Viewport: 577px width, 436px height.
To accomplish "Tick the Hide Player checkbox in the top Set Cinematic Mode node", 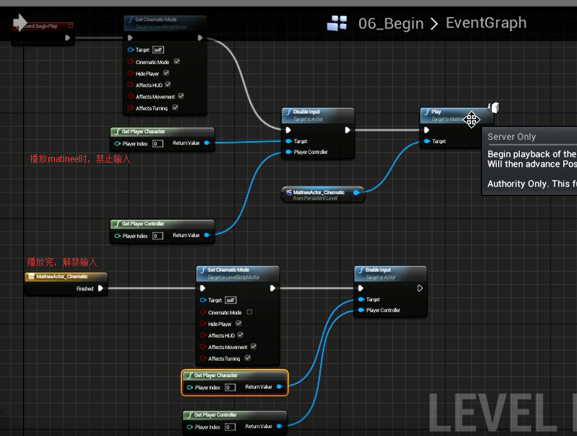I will click(166, 73).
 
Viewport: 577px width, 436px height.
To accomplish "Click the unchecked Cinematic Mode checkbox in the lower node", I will click(249, 312).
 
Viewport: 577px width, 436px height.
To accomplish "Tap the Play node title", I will click(436, 111).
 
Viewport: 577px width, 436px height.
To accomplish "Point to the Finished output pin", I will click(100, 288).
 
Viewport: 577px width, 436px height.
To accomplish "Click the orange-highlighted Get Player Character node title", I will click(216, 375).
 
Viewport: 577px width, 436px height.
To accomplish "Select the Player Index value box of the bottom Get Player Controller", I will click(230, 427).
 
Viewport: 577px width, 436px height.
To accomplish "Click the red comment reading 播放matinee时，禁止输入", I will click(80, 159).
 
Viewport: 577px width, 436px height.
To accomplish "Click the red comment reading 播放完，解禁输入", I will click(62, 262).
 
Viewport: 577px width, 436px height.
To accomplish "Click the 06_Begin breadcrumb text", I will click(391, 24).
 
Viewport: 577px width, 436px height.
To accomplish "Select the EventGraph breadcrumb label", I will click(486, 23).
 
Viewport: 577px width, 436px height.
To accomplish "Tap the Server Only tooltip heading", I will click(511, 137).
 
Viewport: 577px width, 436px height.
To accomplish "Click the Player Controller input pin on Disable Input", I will click(288, 152).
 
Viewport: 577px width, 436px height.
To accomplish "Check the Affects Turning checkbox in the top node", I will click(175, 108).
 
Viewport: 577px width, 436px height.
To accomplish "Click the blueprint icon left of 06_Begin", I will click(337, 23).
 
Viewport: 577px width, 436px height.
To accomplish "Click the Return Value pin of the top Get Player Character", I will click(206, 143).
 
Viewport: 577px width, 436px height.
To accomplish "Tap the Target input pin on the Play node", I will click(427, 141).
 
